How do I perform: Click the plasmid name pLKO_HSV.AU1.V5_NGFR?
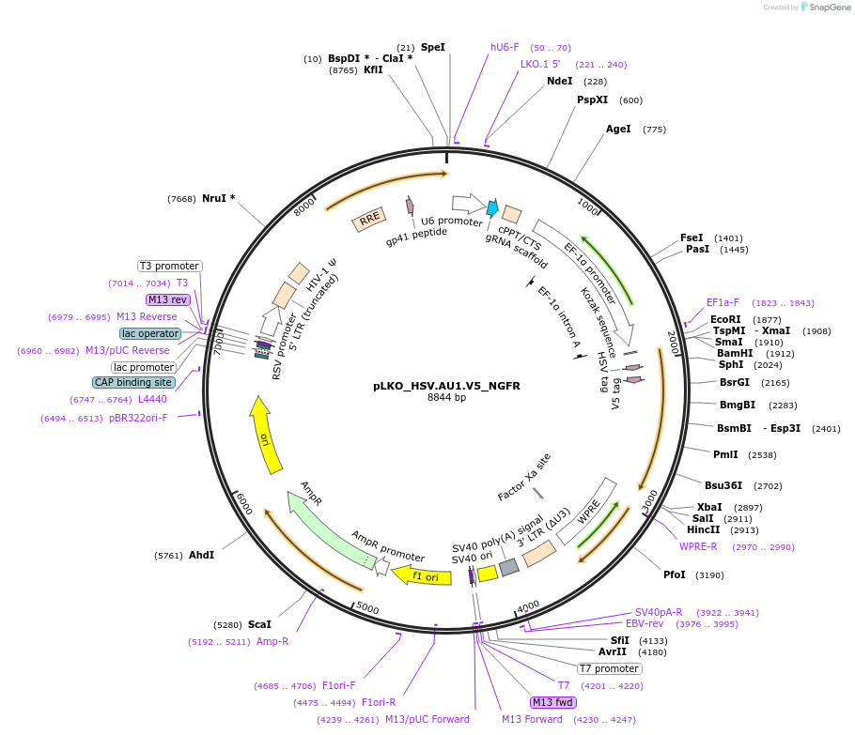click(446, 385)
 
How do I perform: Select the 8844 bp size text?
click(446, 398)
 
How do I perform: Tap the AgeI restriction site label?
click(618, 130)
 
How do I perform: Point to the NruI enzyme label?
click(218, 198)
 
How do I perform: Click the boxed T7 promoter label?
click(609, 669)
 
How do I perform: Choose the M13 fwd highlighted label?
click(552, 702)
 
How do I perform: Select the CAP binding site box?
click(132, 382)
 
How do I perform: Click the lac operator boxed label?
click(150, 333)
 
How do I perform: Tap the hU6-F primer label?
click(505, 47)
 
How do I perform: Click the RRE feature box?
click(369, 220)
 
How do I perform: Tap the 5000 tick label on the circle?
click(367, 609)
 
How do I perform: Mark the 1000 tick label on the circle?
click(588, 206)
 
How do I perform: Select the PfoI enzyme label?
click(675, 574)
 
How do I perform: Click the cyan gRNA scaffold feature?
click(491, 208)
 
